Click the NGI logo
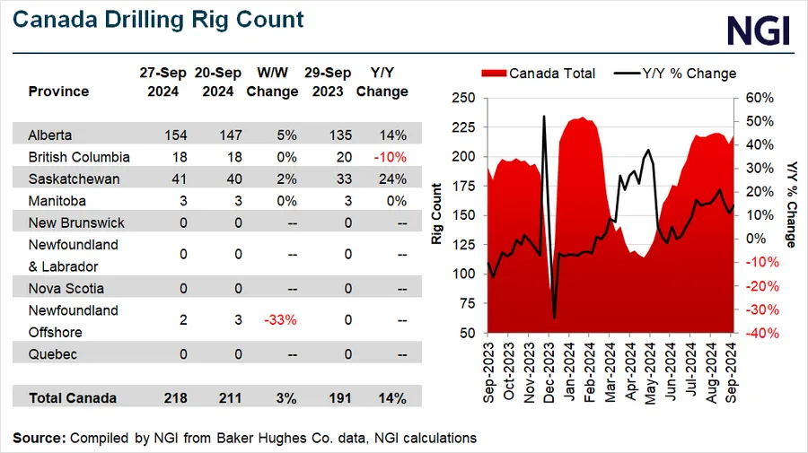(758, 30)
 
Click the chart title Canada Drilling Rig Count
(158, 19)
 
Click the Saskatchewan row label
(73, 179)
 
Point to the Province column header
(58, 91)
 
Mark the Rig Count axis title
(437, 214)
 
